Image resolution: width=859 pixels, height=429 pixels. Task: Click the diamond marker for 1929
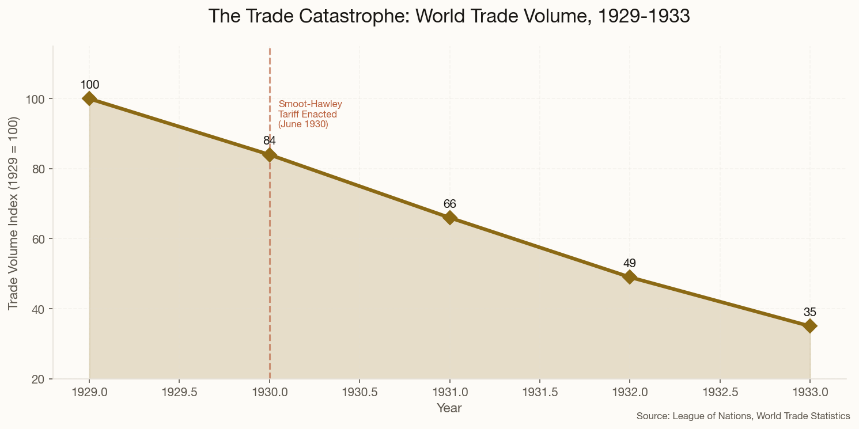[x=89, y=98]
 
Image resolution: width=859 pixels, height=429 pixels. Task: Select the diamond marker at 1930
[x=270, y=154]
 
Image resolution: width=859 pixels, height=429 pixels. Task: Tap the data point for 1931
[x=450, y=218]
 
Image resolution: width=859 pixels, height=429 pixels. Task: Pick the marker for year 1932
[x=630, y=277]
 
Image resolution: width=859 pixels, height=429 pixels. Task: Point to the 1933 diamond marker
[x=810, y=326]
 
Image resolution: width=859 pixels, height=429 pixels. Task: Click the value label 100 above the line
[x=89, y=85]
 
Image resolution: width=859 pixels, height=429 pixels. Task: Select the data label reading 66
[x=450, y=204]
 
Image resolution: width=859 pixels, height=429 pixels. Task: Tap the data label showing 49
[x=630, y=263]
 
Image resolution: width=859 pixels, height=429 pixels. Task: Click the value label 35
[x=810, y=312]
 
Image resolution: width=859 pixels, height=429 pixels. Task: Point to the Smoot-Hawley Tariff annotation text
[x=309, y=114]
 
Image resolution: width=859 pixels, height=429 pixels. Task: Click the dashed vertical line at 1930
[x=270, y=259]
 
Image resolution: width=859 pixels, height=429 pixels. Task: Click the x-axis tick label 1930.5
[x=360, y=392]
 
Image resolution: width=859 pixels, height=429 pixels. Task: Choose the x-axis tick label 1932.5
[x=720, y=392]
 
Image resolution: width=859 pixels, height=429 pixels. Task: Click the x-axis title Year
[x=449, y=408]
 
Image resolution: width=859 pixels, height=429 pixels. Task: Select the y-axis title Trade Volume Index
[x=14, y=213]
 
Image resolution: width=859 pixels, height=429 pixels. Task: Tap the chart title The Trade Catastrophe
[x=449, y=16]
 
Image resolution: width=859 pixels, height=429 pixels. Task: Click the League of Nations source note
[x=743, y=416]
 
